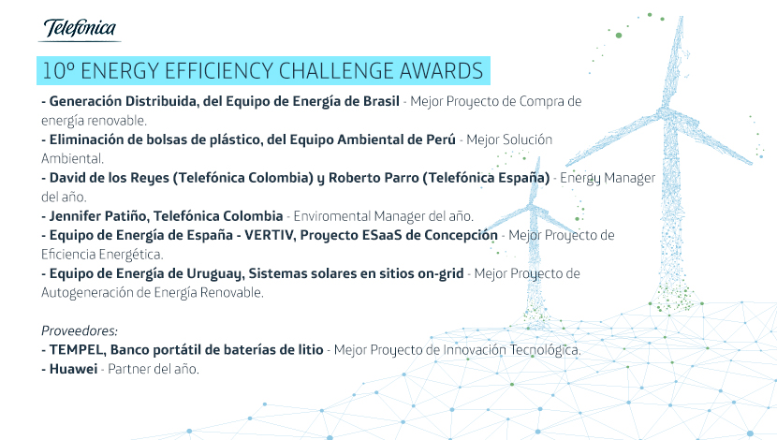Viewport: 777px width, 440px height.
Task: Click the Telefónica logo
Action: click(x=80, y=29)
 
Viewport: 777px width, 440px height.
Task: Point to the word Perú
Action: click(x=441, y=139)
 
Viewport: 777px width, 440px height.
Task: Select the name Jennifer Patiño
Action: click(x=98, y=216)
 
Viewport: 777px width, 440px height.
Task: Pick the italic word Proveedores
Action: click(x=80, y=330)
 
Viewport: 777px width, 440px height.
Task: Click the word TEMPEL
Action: click(x=78, y=350)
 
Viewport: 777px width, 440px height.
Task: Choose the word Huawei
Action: click(x=73, y=369)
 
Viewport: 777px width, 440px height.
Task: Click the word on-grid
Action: click(x=441, y=274)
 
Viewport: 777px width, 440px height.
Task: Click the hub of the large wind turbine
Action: click(x=665, y=113)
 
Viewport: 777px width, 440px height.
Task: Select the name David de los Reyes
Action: click(x=110, y=178)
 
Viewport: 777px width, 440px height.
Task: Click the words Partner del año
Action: click(x=154, y=369)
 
